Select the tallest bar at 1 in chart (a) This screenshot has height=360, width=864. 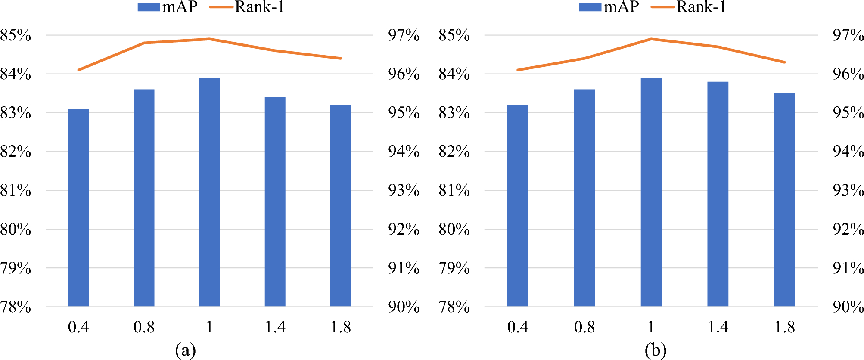tap(209, 192)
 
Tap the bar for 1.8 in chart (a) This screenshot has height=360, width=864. tap(340, 206)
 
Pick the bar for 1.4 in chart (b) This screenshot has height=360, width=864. tap(718, 194)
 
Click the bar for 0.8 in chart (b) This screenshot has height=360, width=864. tap(584, 198)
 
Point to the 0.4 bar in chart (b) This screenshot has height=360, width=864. tap(517, 206)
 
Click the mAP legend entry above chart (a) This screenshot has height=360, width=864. tap(168, 7)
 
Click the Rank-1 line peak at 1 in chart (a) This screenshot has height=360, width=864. tap(209, 39)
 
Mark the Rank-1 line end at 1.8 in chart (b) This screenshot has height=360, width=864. tap(784, 62)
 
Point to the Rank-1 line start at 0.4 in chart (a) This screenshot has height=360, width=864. tap(78, 70)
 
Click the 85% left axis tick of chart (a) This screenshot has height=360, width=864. tap(16, 35)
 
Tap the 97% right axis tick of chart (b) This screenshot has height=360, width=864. tap(848, 35)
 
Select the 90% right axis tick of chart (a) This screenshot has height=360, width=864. tap(404, 307)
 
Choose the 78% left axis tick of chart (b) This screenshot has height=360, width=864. tap(454, 307)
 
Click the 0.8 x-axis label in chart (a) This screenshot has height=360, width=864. tap(144, 327)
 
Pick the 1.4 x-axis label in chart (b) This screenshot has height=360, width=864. tap(718, 327)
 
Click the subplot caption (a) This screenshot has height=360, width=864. tap(185, 350)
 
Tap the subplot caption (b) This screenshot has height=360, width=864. tap(655, 350)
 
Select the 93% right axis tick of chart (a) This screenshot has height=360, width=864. tap(404, 190)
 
